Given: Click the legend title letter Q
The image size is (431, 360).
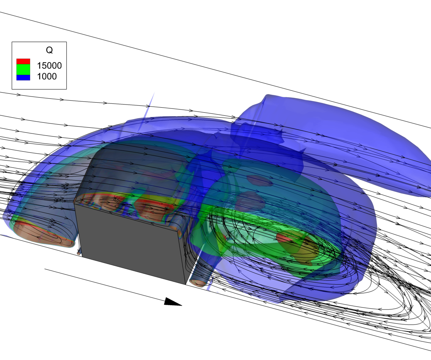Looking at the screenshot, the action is pos(49,50).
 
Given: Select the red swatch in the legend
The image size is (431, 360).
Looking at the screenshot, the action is pos(23,61).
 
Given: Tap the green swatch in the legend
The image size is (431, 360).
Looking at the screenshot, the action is pos(23,69).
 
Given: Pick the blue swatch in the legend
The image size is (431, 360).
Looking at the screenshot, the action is pos(23,78).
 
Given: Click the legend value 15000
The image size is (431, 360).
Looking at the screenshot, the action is pos(49,66).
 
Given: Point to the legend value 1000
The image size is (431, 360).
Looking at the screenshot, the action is pos(47,76).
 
